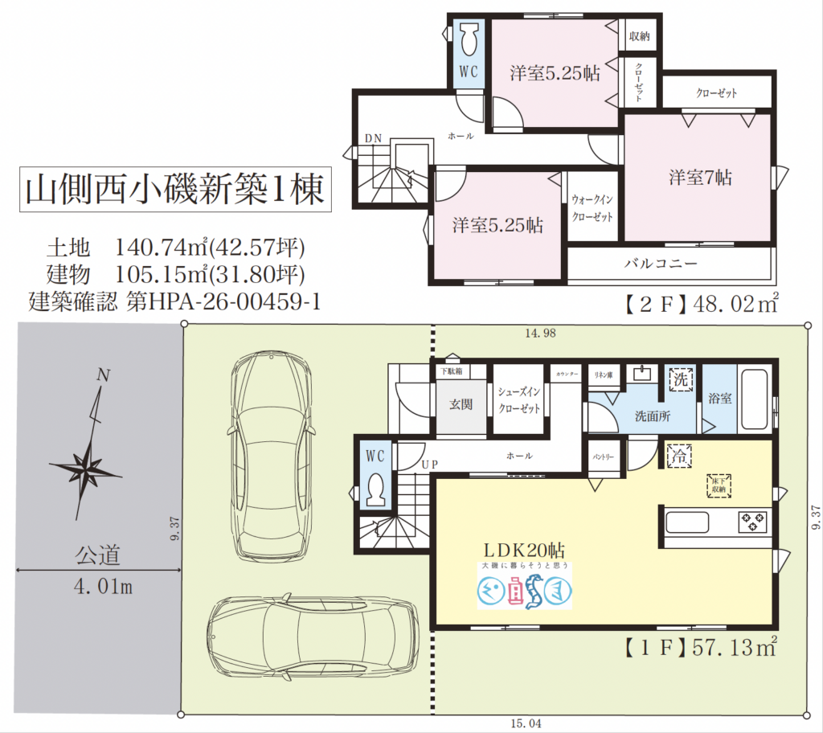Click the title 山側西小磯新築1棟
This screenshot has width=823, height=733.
174,190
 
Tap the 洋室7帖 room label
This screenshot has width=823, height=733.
700,178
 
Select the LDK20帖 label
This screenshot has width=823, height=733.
523,550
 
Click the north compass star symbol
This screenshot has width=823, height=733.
85,465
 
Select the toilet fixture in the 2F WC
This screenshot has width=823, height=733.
469,38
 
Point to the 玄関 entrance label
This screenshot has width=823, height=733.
461,403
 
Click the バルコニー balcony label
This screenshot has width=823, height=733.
661,263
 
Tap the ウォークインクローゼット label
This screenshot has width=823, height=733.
592,207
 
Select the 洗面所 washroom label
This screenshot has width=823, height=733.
653,416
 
